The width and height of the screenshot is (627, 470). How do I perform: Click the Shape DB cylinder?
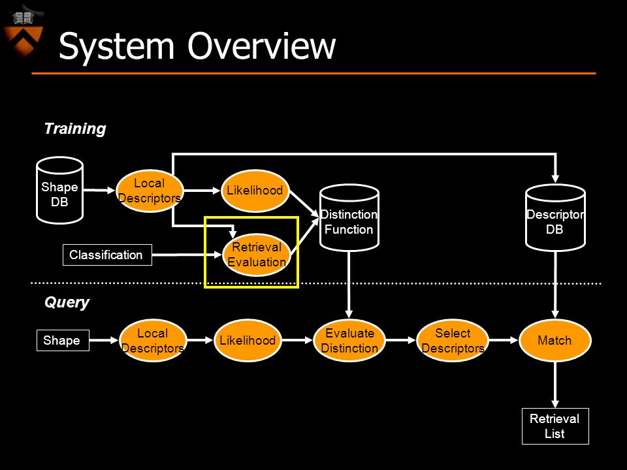click(59, 190)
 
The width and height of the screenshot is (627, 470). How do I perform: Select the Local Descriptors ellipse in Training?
click(150, 191)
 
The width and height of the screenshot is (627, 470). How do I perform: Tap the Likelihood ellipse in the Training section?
click(255, 190)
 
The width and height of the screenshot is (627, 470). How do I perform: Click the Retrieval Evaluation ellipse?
click(257, 255)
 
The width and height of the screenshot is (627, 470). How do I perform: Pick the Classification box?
click(107, 255)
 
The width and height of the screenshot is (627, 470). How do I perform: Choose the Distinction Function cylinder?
click(349, 218)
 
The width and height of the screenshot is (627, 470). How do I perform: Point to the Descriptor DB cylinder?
click(555, 218)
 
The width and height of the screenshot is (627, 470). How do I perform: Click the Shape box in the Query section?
click(63, 340)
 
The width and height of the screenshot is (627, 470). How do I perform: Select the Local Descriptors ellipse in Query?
click(153, 341)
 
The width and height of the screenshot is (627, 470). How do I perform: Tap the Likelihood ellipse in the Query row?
click(248, 341)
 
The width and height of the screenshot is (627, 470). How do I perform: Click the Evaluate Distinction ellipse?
click(349, 341)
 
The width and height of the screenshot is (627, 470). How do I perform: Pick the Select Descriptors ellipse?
click(453, 341)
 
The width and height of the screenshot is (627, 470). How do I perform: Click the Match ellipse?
click(555, 341)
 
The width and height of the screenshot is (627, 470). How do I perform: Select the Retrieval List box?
click(555, 426)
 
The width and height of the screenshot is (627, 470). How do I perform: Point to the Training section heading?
click(75, 129)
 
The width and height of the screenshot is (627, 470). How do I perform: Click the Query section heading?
click(67, 302)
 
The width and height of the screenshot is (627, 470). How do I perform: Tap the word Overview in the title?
click(261, 46)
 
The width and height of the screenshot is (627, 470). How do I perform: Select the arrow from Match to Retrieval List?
click(555, 385)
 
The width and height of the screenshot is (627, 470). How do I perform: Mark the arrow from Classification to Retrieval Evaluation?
click(187, 255)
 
